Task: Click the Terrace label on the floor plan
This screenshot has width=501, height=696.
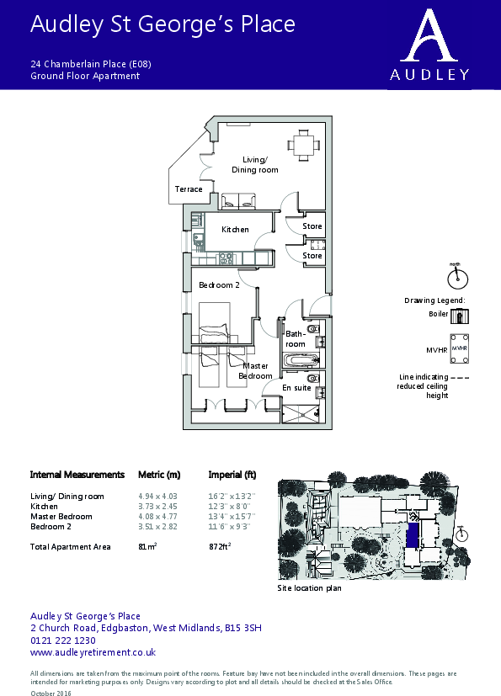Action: coord(189,189)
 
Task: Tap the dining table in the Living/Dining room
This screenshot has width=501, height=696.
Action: coord(304,145)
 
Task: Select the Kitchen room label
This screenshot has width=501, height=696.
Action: coord(235,230)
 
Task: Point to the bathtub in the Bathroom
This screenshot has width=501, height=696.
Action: coord(301,360)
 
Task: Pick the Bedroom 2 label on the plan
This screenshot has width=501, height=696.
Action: coord(219,285)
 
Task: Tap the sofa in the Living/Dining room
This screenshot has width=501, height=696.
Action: coord(238,201)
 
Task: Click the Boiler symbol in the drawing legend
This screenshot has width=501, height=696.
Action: coord(460,316)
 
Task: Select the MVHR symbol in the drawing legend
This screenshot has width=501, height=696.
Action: coord(459,349)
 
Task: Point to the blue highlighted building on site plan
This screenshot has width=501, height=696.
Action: coord(413,536)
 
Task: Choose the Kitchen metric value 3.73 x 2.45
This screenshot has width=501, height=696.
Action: coord(157,507)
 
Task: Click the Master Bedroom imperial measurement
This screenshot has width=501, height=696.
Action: coord(232,517)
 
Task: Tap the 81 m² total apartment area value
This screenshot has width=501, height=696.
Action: coord(147,547)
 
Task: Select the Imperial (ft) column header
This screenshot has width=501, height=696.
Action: coord(232,475)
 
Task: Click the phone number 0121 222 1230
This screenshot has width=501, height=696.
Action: coord(63,640)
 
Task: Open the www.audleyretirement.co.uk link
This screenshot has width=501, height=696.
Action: coord(93,652)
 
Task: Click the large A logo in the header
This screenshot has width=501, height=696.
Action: coord(429,35)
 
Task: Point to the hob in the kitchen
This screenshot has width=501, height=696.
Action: coord(226,258)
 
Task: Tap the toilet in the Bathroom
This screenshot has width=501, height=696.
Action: coord(313,329)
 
